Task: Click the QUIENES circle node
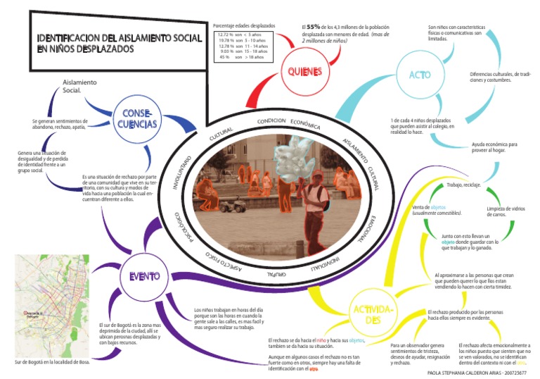[x=304, y=72]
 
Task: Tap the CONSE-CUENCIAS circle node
[x=138, y=119]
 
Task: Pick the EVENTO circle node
[x=143, y=276]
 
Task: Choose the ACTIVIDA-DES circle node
[x=372, y=315]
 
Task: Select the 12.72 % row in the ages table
[x=243, y=35]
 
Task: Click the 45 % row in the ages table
[x=243, y=57]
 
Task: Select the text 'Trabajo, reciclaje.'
[x=463, y=185]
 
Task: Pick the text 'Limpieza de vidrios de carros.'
[x=503, y=211]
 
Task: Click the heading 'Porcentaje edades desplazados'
[x=244, y=26]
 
